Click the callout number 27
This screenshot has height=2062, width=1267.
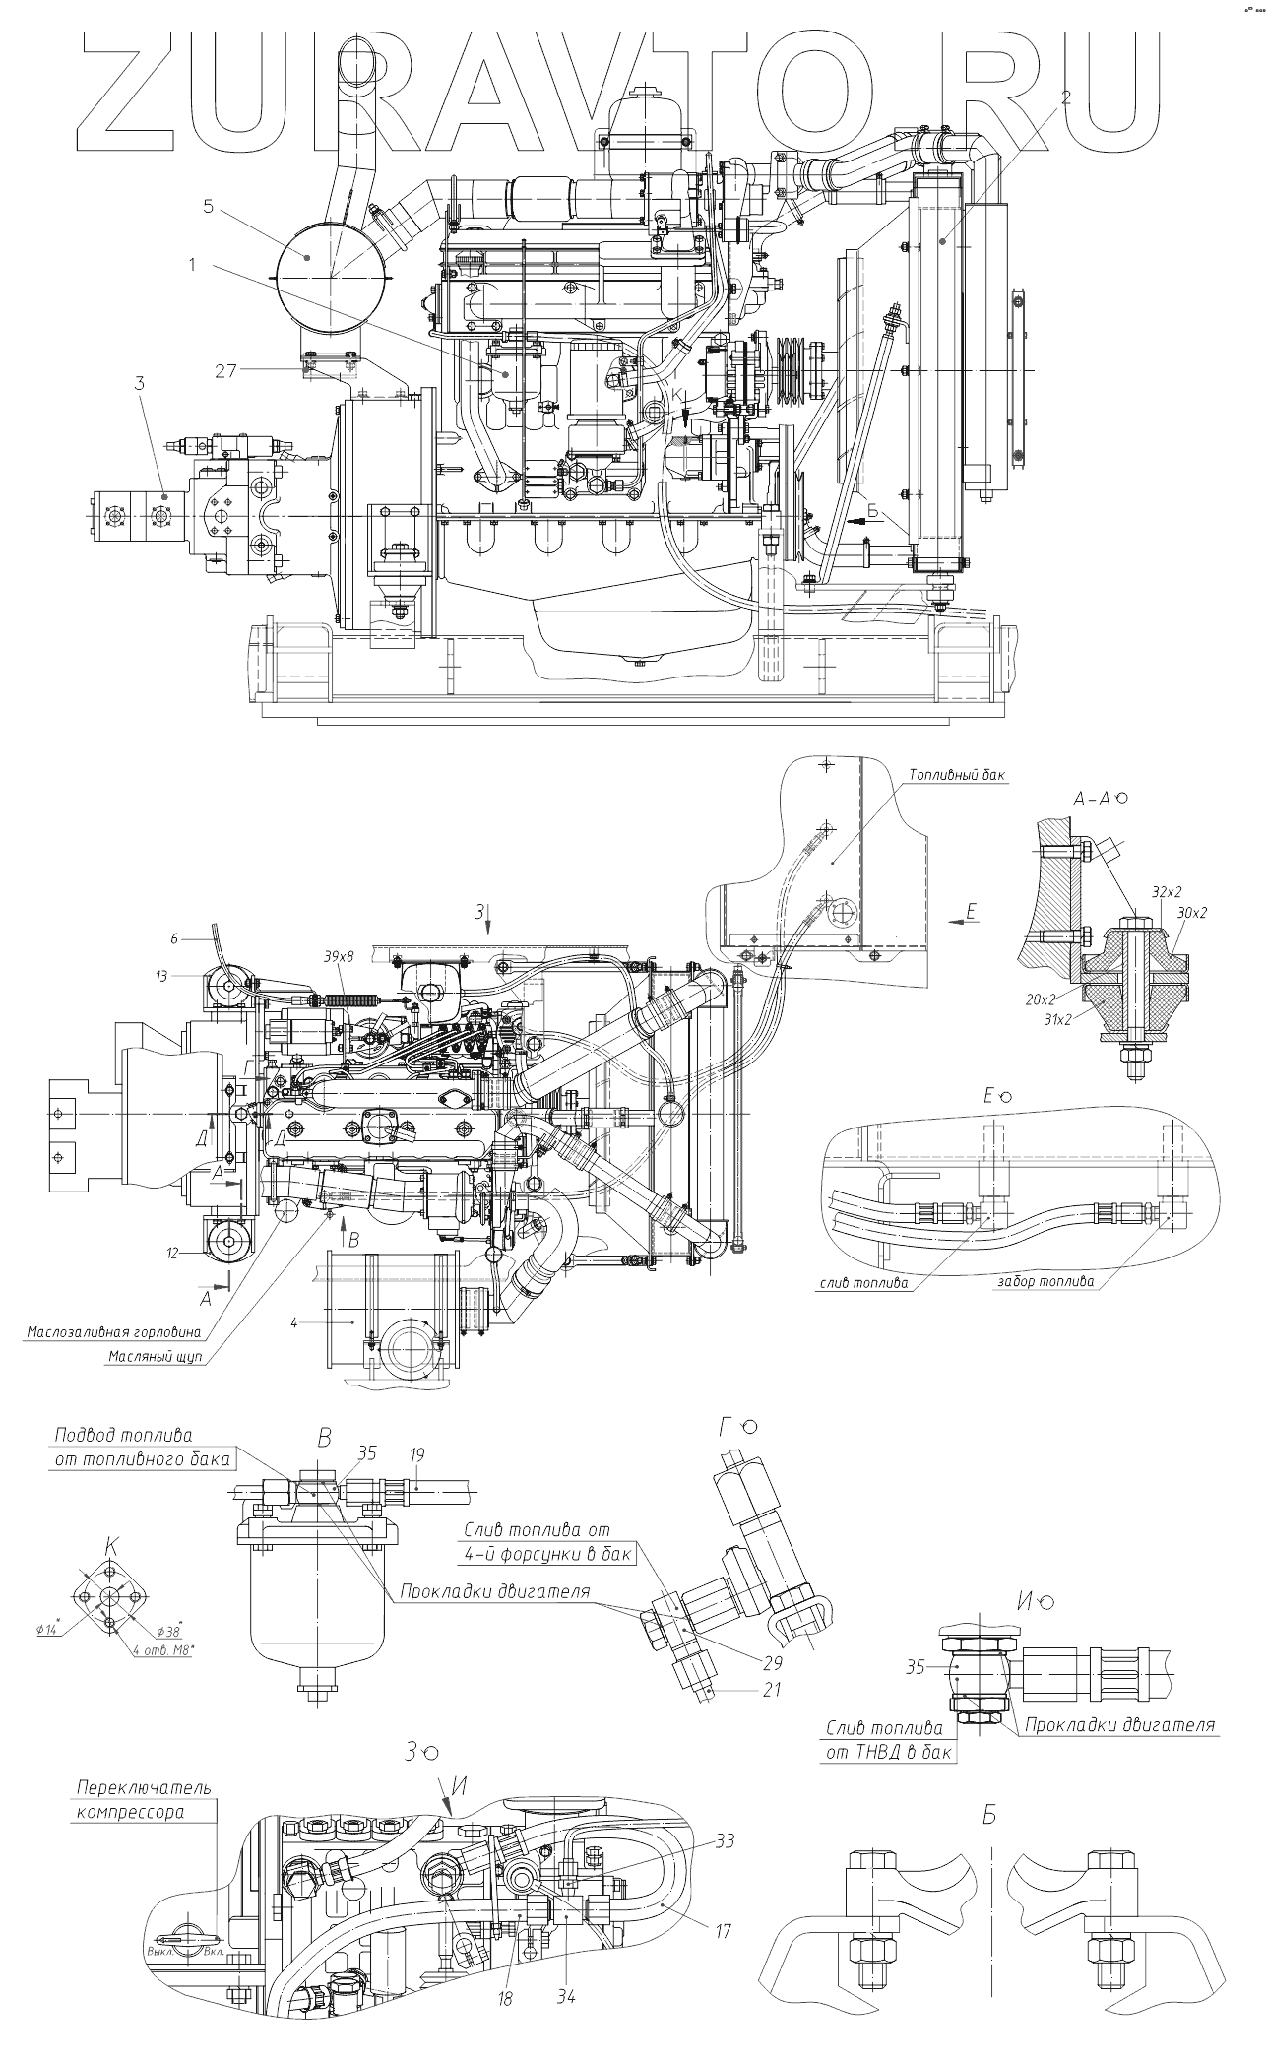225,370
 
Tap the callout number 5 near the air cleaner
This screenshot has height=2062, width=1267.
208,208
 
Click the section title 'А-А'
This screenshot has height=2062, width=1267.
1089,799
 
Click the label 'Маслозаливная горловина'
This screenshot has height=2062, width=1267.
114,1332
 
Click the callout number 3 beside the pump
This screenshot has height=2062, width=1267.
140,383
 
